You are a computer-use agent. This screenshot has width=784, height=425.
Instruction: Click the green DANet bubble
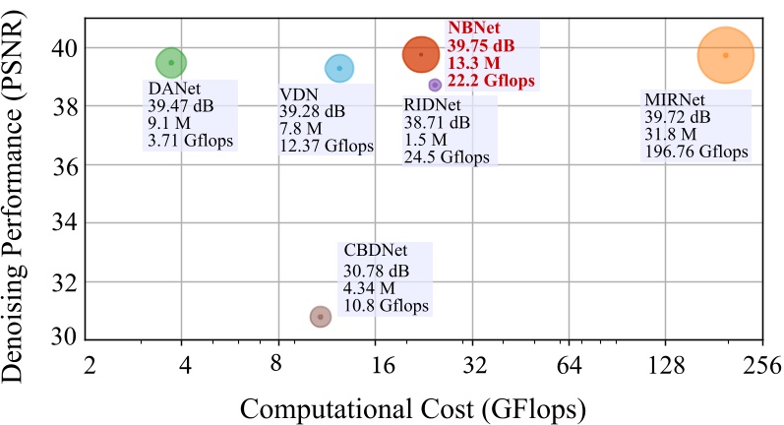[x=171, y=63]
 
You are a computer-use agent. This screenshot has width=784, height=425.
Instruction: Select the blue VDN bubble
[x=339, y=68]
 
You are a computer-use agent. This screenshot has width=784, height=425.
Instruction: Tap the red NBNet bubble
[x=421, y=54]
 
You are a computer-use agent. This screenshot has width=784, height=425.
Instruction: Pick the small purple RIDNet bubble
[x=435, y=86]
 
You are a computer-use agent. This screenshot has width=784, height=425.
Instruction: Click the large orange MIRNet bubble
[x=726, y=55]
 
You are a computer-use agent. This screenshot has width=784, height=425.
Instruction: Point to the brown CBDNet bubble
[x=320, y=316]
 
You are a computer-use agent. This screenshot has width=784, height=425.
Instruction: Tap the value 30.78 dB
[x=376, y=270]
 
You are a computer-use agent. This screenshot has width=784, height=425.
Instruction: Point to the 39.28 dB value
[x=311, y=111]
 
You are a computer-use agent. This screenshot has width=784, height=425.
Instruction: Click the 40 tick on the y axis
[x=62, y=47]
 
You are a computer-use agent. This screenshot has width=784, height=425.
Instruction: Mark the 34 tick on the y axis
[x=62, y=223]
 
